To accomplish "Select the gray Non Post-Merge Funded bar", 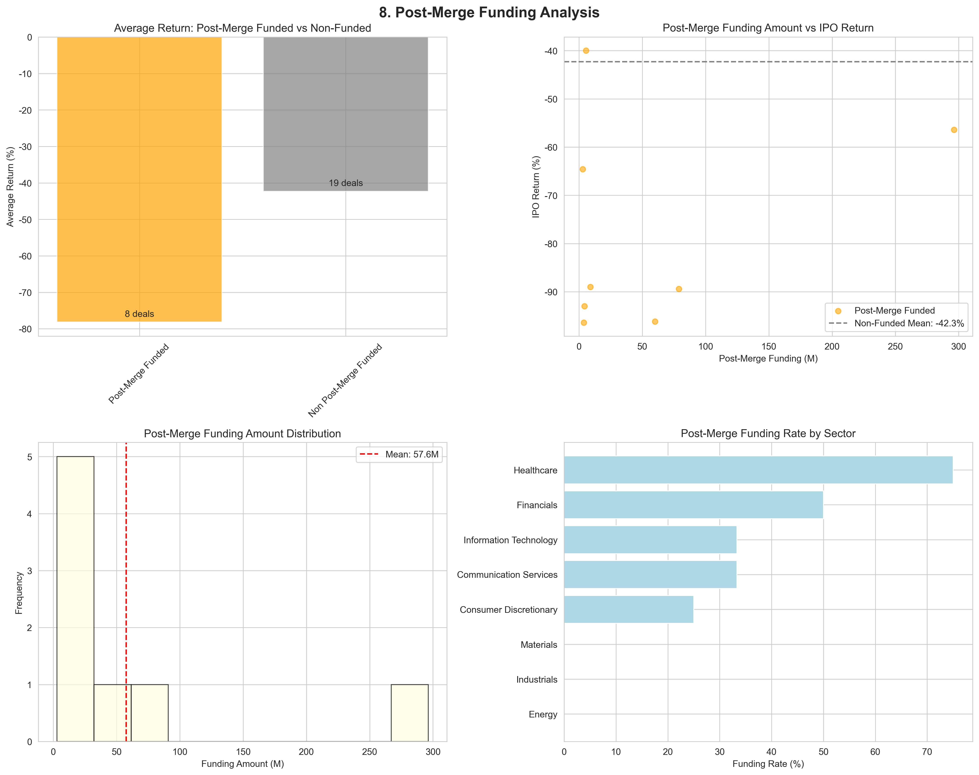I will tap(345, 113).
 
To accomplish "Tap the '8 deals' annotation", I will tap(139, 314).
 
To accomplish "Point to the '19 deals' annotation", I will tap(345, 183).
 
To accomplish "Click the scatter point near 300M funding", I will tap(954, 130).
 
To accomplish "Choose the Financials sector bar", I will tap(693, 504).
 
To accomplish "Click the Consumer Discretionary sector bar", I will tap(628, 609).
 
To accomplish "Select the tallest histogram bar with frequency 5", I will tap(75, 599).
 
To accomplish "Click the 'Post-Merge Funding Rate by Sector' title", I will tap(768, 433).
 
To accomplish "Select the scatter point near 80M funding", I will tap(679, 289).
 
